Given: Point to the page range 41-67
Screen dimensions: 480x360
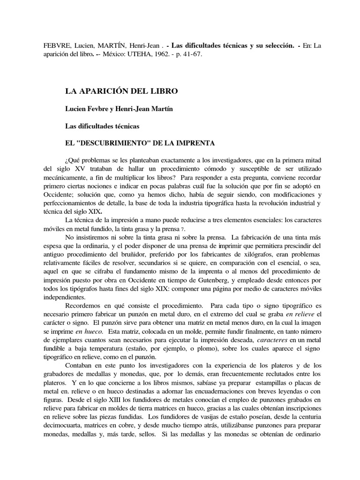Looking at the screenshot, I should click(212, 54).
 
